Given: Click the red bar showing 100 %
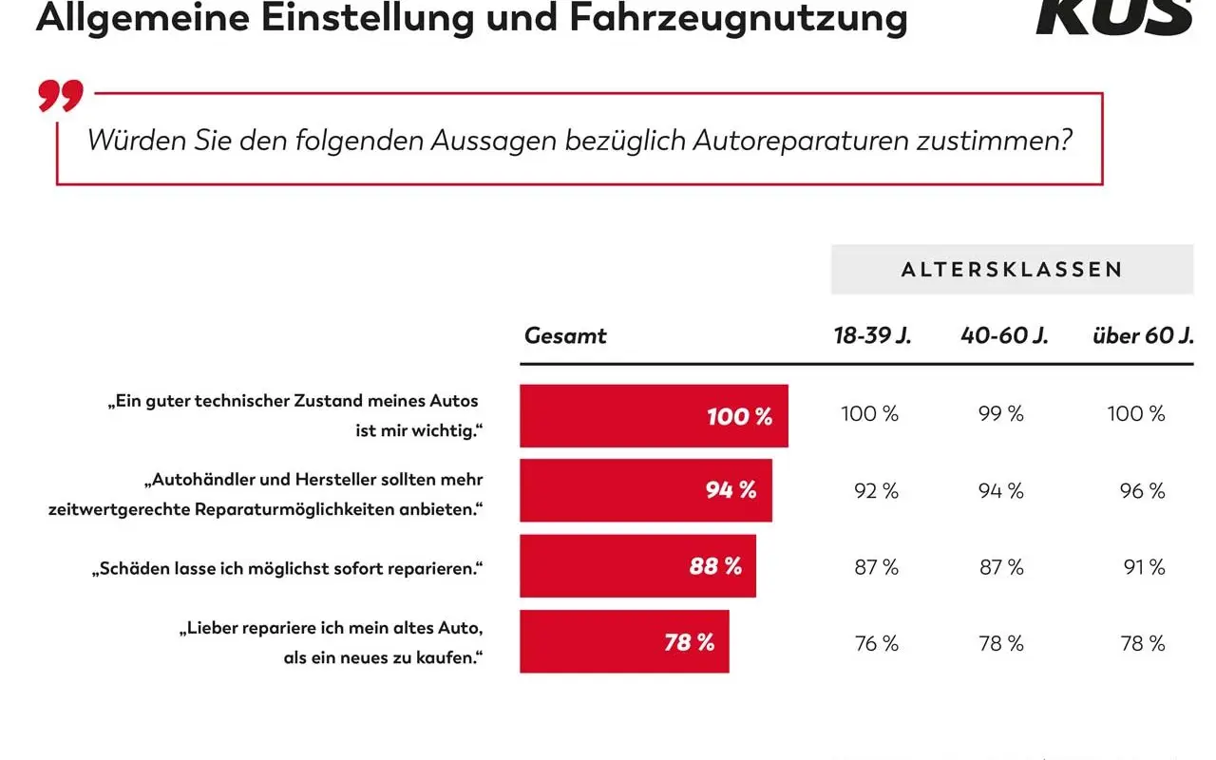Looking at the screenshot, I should [654, 416].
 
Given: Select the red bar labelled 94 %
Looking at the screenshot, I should [646, 491].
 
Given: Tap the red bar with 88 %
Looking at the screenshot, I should [637, 567].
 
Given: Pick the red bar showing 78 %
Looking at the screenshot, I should [624, 643].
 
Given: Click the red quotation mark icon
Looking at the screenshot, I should [61, 96].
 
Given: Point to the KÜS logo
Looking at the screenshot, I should [1113, 17].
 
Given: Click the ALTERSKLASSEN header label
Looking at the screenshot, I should [1012, 270].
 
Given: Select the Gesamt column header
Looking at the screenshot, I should [565, 335].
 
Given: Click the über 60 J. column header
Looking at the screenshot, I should [1143, 335].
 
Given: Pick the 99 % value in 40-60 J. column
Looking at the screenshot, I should [1001, 414].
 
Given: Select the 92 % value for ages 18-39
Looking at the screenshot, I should [876, 491].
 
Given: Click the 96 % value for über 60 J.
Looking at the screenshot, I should [1142, 491].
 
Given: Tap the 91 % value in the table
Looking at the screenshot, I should [1144, 567].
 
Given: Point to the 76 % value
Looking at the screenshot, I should [876, 643].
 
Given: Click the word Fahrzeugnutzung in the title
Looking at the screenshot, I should [738, 18].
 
